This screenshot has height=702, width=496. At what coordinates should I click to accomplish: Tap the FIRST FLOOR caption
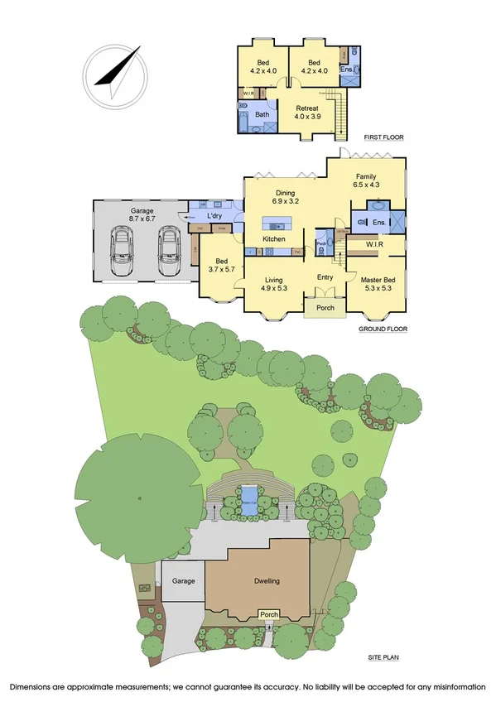point(383,137)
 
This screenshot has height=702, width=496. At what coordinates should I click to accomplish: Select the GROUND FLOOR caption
point(382,329)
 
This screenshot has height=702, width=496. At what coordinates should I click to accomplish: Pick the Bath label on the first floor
point(262,114)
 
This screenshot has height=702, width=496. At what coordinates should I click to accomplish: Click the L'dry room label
point(214,216)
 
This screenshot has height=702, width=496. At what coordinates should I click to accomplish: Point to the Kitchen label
point(274,239)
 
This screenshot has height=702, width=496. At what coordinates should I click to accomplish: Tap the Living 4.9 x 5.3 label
point(273,284)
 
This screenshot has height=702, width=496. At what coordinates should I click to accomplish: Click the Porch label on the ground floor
point(325,309)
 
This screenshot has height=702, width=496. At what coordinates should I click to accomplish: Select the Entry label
point(325,277)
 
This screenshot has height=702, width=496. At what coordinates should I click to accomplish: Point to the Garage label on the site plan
point(183,581)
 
